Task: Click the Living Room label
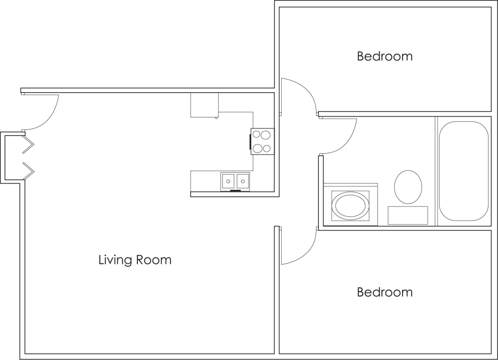(x=134, y=260)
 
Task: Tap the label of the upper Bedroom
(x=384, y=56)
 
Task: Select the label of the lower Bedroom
(x=384, y=292)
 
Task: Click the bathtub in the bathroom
(x=463, y=171)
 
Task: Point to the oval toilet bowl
(x=408, y=187)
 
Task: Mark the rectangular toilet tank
(x=408, y=215)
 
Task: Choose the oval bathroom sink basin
(x=350, y=205)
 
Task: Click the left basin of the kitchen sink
(x=228, y=181)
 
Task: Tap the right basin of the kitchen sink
(x=242, y=181)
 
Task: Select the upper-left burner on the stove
(x=258, y=135)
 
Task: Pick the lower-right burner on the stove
(x=267, y=148)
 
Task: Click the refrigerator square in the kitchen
(x=204, y=105)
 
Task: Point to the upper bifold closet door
(x=28, y=145)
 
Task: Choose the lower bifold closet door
(x=28, y=171)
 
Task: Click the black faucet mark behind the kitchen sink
(x=235, y=191)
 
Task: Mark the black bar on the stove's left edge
(x=250, y=142)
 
